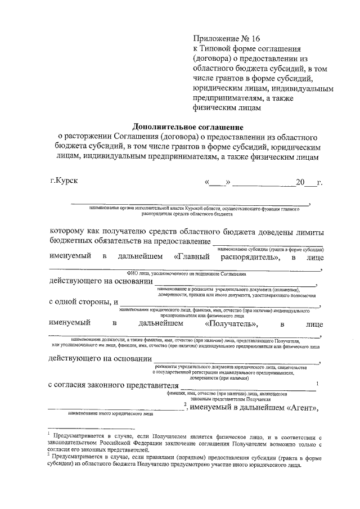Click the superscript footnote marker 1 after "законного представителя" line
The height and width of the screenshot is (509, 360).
(x=318, y=384)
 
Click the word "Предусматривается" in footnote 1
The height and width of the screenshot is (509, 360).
(x=82, y=436)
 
